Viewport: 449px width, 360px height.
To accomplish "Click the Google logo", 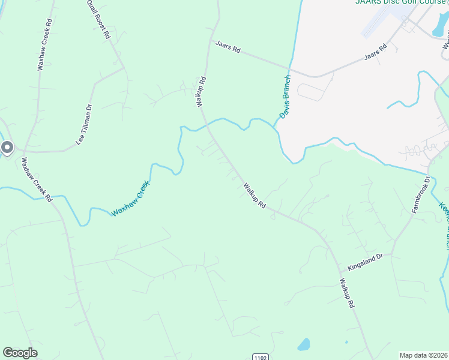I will [20, 353].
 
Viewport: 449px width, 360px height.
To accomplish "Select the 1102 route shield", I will [260, 356].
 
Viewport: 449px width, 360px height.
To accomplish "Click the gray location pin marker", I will [7, 147].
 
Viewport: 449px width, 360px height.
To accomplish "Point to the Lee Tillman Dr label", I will [83, 125].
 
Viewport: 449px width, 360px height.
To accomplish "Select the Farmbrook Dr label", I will [421, 195].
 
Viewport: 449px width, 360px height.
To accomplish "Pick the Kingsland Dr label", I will [369, 262].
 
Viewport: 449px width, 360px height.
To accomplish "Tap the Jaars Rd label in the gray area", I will [377, 53].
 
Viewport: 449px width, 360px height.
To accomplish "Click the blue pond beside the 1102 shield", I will [304, 344].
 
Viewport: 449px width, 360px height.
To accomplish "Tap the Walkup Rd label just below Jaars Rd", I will [201, 91].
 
